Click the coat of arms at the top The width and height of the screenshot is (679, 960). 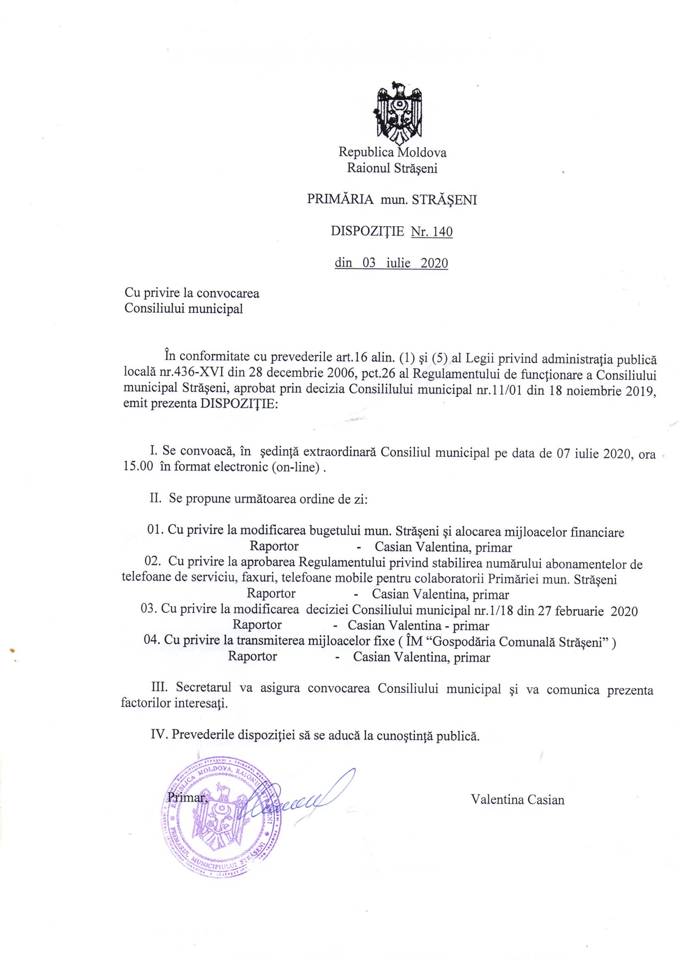(x=398, y=113)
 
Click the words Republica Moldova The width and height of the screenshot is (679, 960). (x=392, y=152)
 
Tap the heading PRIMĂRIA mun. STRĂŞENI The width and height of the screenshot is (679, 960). (x=392, y=200)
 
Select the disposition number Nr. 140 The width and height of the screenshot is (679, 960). (x=431, y=232)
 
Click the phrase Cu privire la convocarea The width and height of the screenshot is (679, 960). (x=192, y=293)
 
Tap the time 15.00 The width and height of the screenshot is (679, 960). (x=138, y=466)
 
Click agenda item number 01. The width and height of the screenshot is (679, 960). (x=154, y=530)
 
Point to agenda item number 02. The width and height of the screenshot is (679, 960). (x=153, y=561)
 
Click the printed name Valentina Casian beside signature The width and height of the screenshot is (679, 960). (x=517, y=800)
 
